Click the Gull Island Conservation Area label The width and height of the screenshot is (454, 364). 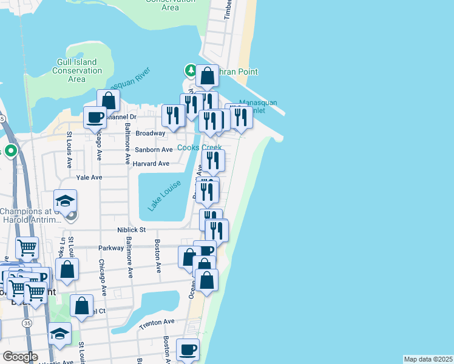tap(77, 71)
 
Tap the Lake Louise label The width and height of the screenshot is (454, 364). tap(163, 195)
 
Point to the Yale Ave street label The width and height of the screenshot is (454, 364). tap(89, 178)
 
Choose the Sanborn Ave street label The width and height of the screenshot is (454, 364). tap(154, 150)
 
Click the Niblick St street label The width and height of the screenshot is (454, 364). tap(132, 230)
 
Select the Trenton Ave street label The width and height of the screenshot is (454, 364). tap(152, 325)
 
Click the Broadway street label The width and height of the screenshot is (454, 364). tap(150, 133)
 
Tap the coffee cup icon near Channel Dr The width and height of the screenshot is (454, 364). tap(95, 116)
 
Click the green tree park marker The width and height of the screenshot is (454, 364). tap(191, 71)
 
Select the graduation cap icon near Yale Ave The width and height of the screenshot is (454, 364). tap(66, 200)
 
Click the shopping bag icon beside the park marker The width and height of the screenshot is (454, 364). tap(207, 76)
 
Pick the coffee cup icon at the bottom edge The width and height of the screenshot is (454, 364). tap(187, 349)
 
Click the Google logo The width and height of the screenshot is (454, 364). tap(20, 357)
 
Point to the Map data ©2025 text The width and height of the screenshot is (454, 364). tap(429, 359)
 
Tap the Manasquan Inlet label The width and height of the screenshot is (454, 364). tap(258, 107)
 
